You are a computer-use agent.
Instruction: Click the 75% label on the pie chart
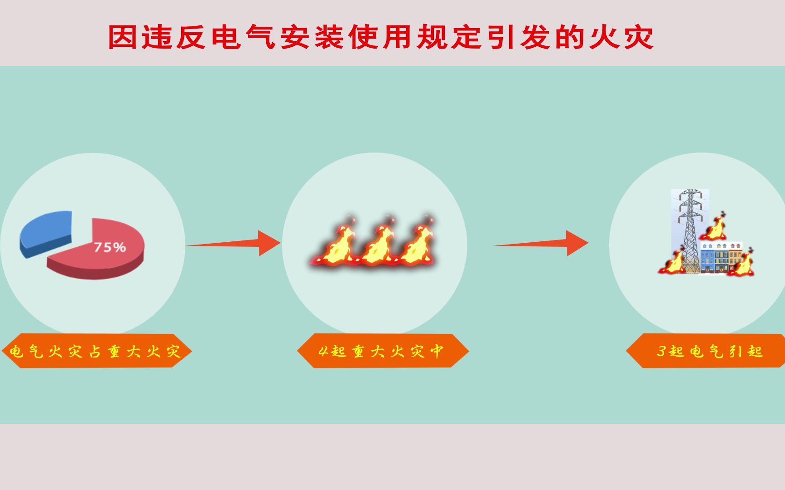pos(110,247)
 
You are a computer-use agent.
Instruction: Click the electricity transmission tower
pos(690,227)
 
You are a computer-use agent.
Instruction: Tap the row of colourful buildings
pos(721,257)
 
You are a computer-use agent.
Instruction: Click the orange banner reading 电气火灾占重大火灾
pos(96,351)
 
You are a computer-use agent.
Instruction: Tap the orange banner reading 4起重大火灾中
pos(383,351)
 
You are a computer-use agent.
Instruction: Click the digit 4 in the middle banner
pos(323,351)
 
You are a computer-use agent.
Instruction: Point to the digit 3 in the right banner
pos(661,351)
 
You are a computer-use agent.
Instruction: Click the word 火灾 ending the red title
pos(621,37)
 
